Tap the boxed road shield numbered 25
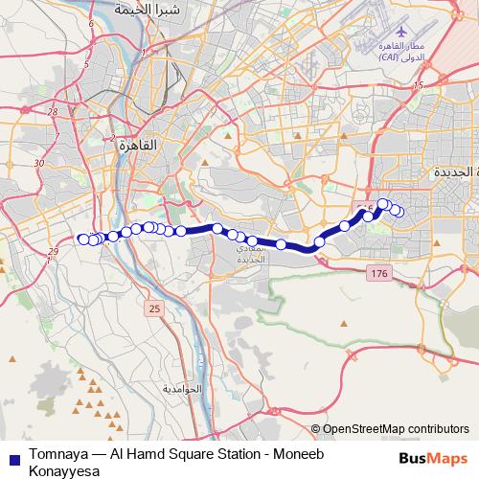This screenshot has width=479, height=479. click(153, 308)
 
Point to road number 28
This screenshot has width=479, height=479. click(52, 112)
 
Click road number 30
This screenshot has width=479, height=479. click(39, 164)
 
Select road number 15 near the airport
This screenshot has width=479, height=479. click(418, 85)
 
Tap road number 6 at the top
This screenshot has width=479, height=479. click(90, 22)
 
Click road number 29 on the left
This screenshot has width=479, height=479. click(51, 251)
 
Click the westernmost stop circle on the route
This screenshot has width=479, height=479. click(83, 239)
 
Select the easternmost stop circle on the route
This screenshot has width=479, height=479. click(399, 212)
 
